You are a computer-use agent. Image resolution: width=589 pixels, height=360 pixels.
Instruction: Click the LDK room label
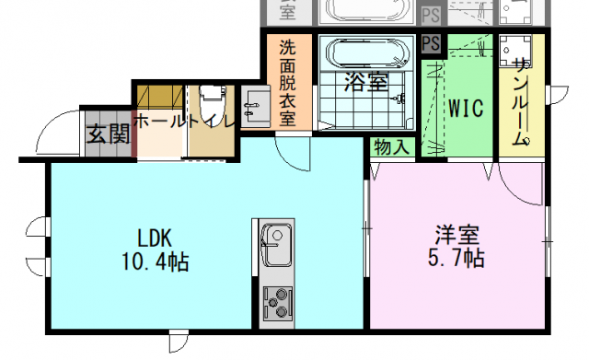[x=155, y=238]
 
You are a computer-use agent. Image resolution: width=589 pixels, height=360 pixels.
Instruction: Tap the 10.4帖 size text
[x=155, y=261]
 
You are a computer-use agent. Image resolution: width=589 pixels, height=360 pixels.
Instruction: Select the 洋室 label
[x=456, y=235]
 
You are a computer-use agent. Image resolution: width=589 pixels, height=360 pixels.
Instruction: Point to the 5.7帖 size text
[x=456, y=258]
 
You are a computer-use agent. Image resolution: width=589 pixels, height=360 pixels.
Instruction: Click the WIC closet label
[x=466, y=109]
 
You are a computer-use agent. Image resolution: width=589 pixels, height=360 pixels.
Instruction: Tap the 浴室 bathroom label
[x=366, y=82]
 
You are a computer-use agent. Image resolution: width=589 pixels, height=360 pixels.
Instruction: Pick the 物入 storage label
[x=392, y=147]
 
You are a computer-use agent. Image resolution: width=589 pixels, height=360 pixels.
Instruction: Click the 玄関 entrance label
[x=109, y=134]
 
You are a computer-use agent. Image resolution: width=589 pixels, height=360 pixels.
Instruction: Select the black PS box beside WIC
[x=431, y=43]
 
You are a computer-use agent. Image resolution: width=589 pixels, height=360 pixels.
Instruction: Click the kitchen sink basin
[x=277, y=244]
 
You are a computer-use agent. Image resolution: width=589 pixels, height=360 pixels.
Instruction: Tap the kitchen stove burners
[x=277, y=303]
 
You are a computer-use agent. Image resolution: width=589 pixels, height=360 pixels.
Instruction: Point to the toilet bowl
[x=213, y=103]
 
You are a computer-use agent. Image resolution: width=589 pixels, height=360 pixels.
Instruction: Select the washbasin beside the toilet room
[x=256, y=107]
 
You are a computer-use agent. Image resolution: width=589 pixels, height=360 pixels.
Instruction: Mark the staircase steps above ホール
[x=160, y=98]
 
